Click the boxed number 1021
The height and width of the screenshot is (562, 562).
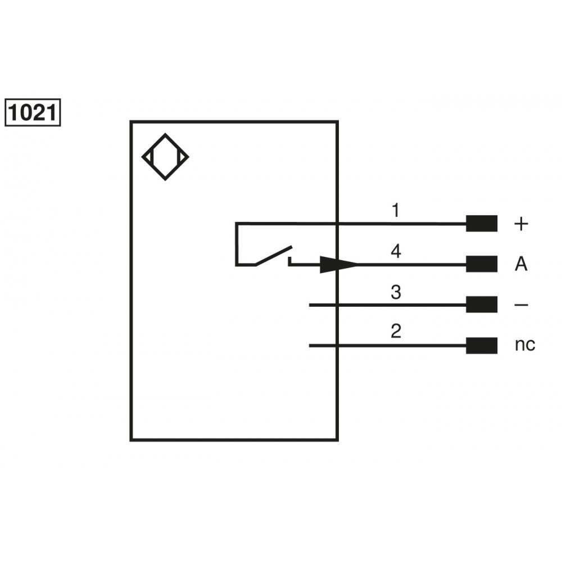(33, 112)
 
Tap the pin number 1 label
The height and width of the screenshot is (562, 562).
(395, 210)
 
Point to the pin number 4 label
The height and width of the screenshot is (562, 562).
(396, 251)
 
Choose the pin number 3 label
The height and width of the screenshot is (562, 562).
(396, 292)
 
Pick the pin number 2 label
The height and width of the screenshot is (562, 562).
(396, 331)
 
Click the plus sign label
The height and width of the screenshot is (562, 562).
(521, 224)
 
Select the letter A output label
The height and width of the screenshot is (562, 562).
(521, 264)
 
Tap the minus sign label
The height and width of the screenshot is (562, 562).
(521, 305)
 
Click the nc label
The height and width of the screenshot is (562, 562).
(525, 345)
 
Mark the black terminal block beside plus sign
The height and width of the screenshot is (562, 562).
(482, 223)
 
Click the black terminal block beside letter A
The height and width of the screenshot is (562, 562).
(482, 264)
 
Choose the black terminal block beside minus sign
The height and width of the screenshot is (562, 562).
(482, 304)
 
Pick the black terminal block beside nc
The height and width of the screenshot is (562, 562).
(482, 346)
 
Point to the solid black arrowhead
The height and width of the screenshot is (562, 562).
(338, 265)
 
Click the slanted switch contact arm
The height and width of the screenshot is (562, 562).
(274, 256)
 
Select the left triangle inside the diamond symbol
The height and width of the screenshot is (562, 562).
(148, 157)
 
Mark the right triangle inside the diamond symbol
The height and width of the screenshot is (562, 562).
(183, 157)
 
